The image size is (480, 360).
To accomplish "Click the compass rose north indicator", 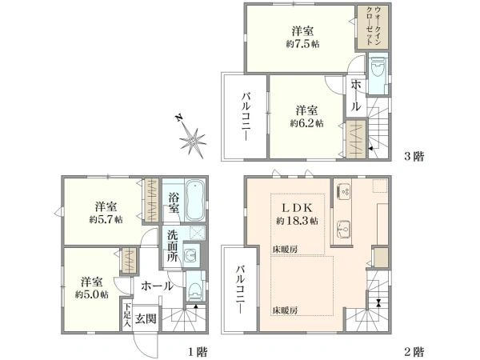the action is point(178,118).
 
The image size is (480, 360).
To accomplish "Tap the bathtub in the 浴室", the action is point(195,200).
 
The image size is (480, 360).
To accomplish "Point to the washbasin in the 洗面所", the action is point(191,254).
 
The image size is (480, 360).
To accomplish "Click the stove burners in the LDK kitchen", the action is point(345,192).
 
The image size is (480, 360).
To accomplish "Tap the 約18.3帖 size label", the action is point(297,221).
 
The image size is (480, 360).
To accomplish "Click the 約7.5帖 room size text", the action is point(302,44).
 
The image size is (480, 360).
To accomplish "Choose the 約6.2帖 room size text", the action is point(306,123).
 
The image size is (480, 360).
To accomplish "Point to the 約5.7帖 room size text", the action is point(106,219).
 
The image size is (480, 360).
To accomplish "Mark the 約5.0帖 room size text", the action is point(91,294).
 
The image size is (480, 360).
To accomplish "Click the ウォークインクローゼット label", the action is point(374,26).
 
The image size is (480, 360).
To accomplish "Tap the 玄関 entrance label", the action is point(146,319).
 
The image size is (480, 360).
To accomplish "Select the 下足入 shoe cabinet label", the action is point(127,316).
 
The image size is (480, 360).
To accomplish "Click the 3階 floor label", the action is point(414,157).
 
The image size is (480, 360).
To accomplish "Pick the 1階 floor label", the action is point(198,352).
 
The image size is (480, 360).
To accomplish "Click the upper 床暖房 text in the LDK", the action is point(285,250).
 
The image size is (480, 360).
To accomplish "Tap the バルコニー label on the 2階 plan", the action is point(241,290).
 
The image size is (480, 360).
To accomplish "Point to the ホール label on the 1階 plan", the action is point(157,286).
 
